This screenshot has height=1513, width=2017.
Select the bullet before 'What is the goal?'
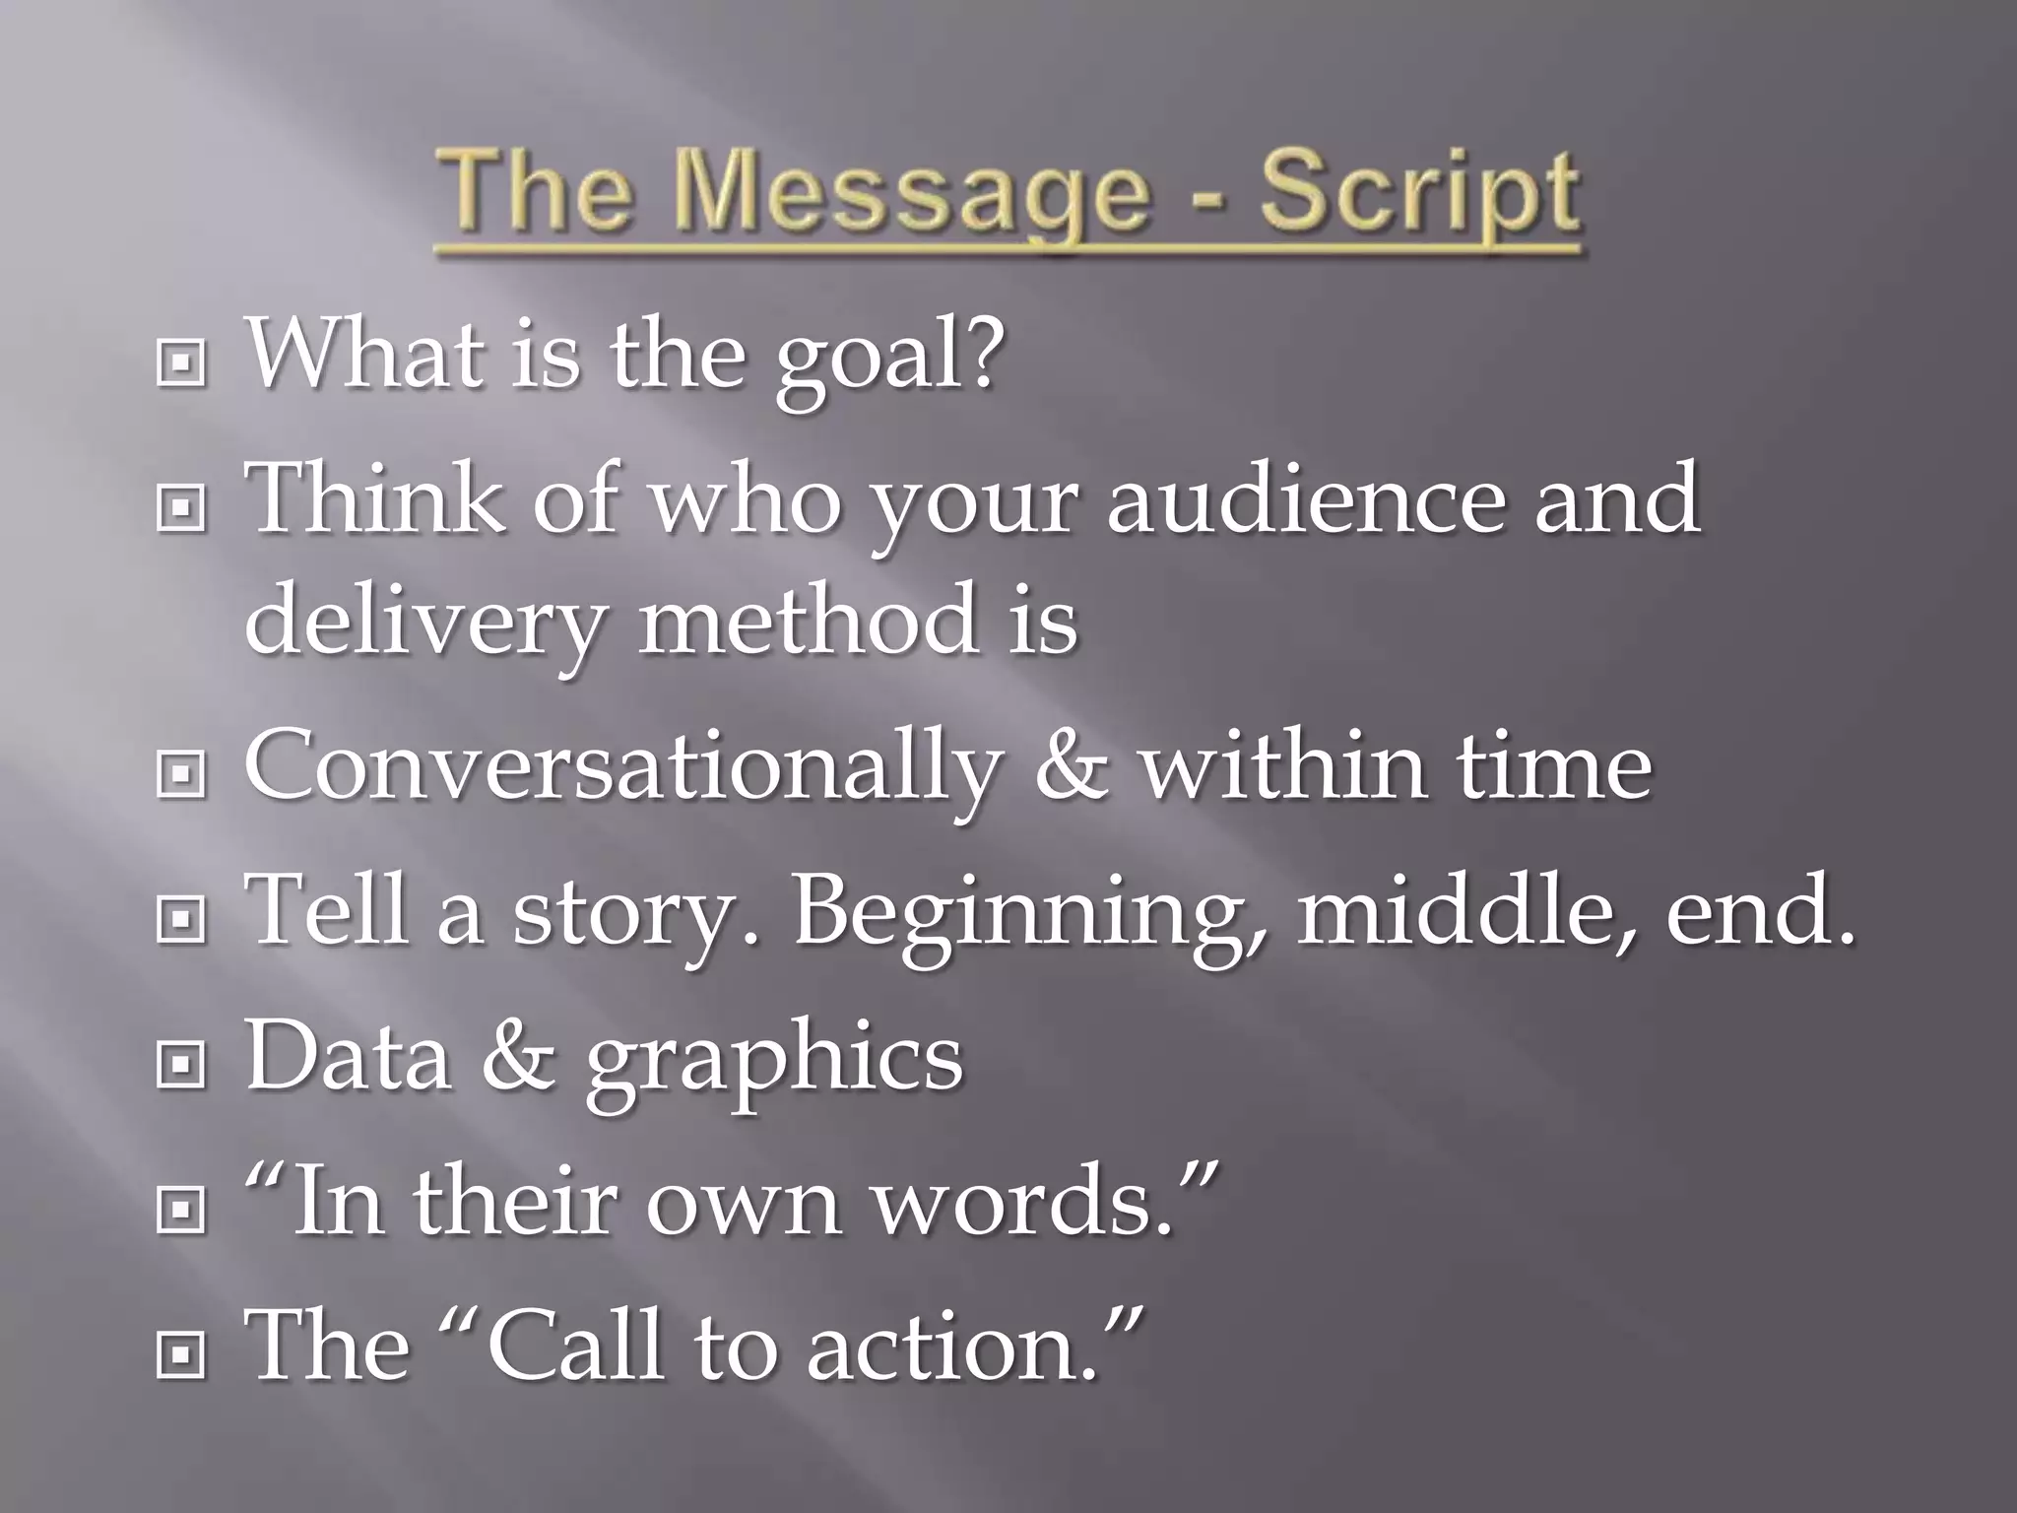click(x=180, y=364)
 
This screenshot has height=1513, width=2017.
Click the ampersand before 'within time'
click(x=1071, y=766)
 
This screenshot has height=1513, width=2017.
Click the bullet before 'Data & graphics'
click(x=180, y=1064)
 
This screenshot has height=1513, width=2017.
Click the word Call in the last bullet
click(x=575, y=1346)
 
